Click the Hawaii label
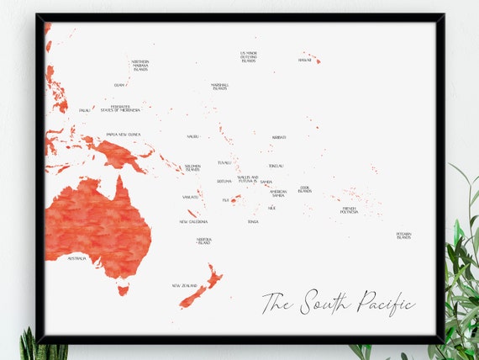coord(304,60)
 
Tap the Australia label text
coord(76,258)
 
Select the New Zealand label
coord(184,286)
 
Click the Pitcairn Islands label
coord(403,236)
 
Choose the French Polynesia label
coord(350,209)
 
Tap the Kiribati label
coord(279,137)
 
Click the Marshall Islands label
coord(219,87)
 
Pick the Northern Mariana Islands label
coord(139,66)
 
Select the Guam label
coord(119,85)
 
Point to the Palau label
coord(84,110)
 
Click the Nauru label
coord(193,136)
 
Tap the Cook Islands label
coord(305,190)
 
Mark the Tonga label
coord(253,222)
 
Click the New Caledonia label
coord(193,222)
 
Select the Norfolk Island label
coord(204,241)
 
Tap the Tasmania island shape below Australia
coord(124,290)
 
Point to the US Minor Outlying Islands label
coord(249,56)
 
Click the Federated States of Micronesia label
coord(120,109)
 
